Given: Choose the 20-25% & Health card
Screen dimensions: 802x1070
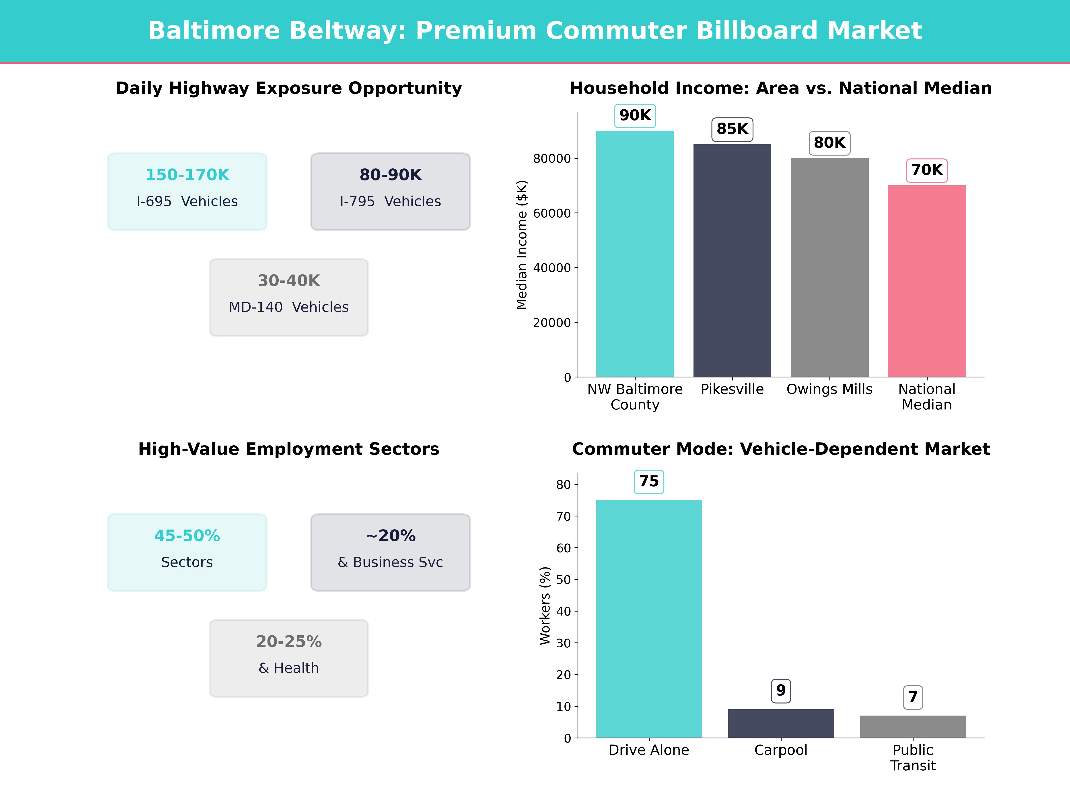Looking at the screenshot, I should [289, 659].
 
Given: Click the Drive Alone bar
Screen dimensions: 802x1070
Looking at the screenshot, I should [649, 619].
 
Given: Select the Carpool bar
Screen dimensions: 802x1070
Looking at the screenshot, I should [781, 724].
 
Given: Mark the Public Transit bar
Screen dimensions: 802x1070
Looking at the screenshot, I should [913, 726].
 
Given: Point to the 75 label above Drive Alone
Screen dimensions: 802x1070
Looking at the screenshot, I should [649, 481].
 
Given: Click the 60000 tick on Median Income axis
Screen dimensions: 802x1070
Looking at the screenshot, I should [552, 213].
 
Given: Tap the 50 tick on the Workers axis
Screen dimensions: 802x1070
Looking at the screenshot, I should [564, 580].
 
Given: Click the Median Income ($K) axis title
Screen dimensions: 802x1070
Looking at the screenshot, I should [521, 245].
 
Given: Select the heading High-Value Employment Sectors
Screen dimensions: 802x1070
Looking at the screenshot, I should [289, 449].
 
